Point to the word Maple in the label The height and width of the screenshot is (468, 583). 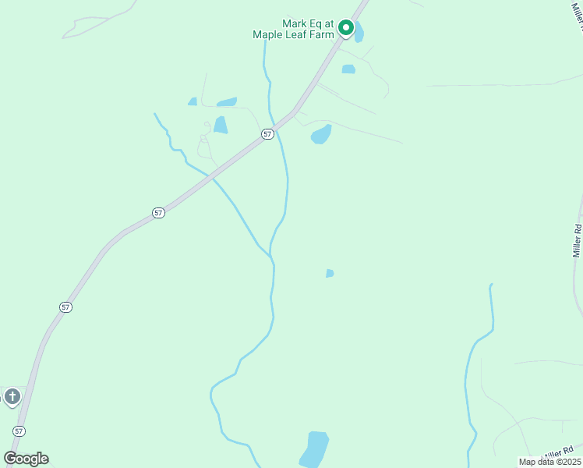(x=267, y=34)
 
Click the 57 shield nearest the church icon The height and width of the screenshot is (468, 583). (x=19, y=431)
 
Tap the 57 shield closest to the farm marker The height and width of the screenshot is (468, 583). (x=267, y=134)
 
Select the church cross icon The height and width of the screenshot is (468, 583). (x=12, y=397)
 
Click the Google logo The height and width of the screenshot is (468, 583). (x=26, y=459)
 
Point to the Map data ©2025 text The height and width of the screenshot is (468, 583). (x=549, y=462)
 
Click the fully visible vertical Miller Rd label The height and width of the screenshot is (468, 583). (x=578, y=241)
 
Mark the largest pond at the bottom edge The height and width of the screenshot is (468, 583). (x=314, y=449)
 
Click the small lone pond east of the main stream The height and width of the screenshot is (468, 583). (x=330, y=273)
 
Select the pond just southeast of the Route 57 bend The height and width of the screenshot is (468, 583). (x=321, y=135)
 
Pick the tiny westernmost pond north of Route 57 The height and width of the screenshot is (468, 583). (x=193, y=101)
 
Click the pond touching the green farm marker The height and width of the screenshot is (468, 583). (x=359, y=34)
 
